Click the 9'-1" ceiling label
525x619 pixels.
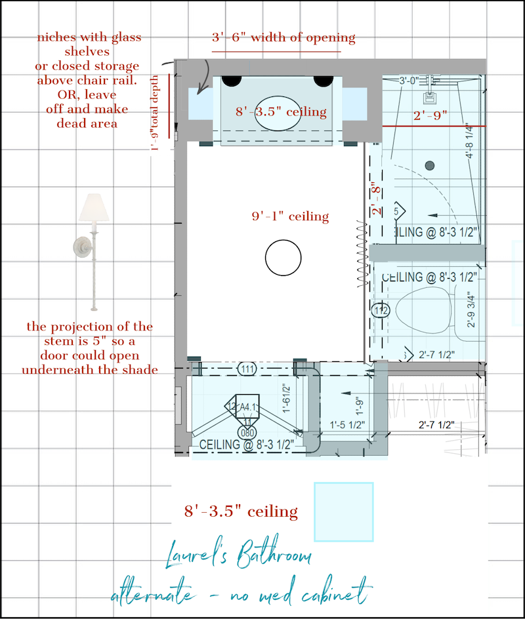click(290, 216)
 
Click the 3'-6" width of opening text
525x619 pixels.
click(283, 37)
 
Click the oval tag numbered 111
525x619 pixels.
click(247, 369)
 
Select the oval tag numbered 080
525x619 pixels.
click(247, 433)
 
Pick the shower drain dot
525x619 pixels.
click(430, 165)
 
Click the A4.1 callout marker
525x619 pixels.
click(247, 407)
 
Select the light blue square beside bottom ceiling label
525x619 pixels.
click(343, 511)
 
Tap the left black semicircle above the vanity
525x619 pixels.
click(230, 80)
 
